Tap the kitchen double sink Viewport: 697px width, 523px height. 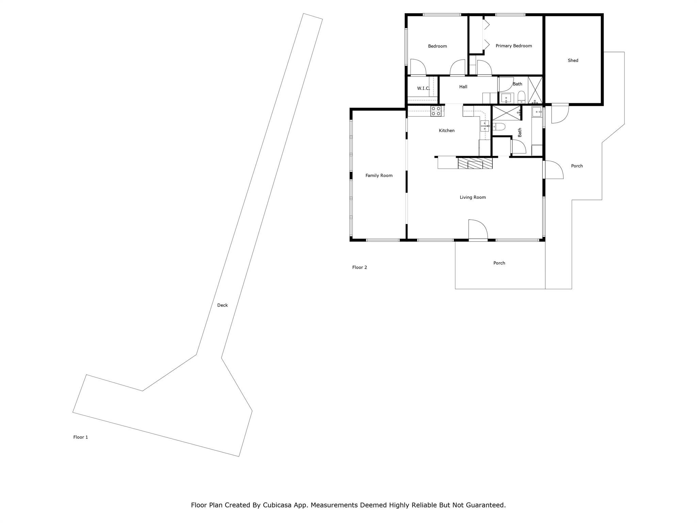[485, 126]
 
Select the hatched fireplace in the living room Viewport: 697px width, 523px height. [475, 163]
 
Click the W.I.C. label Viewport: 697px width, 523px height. [423, 88]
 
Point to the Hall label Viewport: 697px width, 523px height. [463, 87]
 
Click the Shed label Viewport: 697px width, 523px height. [573, 60]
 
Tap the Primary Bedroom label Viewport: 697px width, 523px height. [514, 46]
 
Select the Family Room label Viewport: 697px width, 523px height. [379, 175]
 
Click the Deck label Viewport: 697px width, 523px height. [222, 305]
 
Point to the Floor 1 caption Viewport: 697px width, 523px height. [81, 437]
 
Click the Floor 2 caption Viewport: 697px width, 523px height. [359, 267]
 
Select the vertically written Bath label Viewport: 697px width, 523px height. [520, 132]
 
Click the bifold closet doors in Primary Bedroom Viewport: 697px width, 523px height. [486, 34]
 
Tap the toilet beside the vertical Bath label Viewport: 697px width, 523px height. [499, 127]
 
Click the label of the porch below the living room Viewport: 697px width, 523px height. [499, 263]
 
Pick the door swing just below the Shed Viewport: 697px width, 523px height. [560, 113]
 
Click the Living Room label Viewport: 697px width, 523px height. [472, 197]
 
